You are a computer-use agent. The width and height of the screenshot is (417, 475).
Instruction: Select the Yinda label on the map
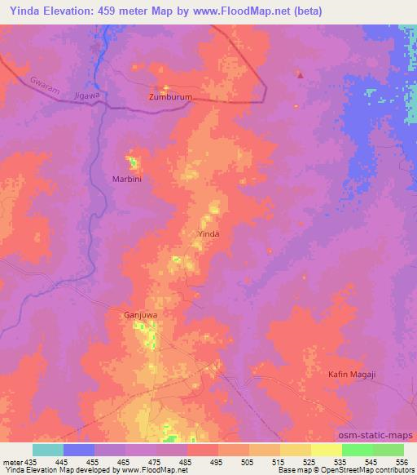coord(209,233)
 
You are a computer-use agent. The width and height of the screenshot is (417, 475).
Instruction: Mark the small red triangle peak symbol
coord(301,75)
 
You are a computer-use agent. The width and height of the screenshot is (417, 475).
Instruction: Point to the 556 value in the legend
coord(402,463)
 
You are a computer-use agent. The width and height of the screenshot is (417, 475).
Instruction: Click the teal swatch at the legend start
coord(48,450)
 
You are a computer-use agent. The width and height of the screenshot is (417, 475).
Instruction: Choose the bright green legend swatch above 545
coord(357,450)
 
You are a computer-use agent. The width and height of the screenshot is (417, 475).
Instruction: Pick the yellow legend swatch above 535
coord(326,450)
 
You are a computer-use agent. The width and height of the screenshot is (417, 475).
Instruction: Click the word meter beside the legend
coord(11,463)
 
